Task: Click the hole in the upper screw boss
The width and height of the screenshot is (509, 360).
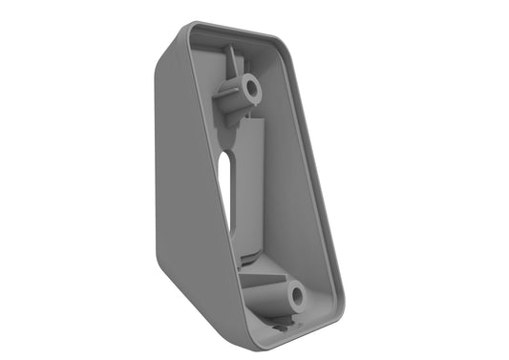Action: (252, 89)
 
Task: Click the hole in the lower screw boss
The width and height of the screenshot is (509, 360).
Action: (297, 297)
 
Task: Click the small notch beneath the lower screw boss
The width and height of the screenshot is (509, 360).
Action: (278, 326)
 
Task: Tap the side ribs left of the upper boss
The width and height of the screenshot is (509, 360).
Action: (223, 95)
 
